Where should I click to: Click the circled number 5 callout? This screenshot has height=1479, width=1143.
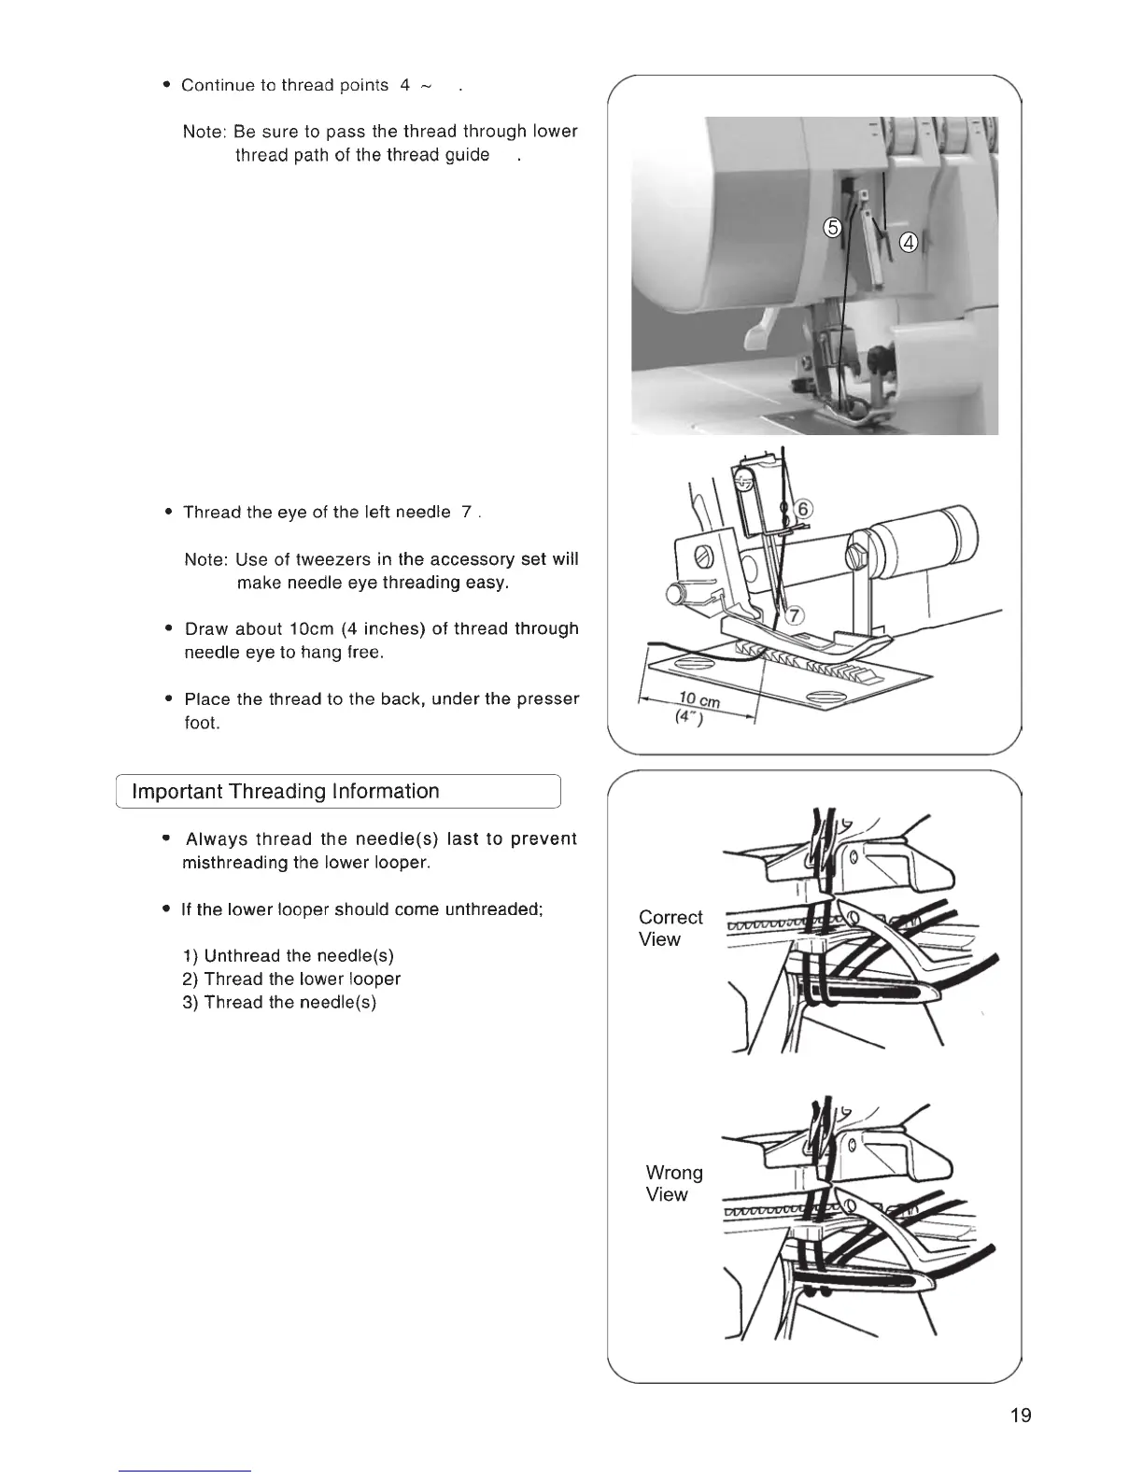tap(833, 228)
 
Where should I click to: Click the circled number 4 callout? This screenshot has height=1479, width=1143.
tap(908, 244)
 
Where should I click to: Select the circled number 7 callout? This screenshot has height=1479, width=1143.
tap(796, 615)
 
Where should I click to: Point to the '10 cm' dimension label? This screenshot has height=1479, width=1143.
tap(697, 699)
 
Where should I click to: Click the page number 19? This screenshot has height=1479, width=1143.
tap(1021, 1415)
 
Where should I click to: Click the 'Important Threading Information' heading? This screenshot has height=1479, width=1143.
tap(286, 792)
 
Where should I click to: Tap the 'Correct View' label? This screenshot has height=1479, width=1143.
tap(670, 928)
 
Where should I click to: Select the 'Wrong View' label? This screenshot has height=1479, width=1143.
tap(673, 1183)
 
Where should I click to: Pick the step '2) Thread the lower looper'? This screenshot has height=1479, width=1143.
tap(291, 979)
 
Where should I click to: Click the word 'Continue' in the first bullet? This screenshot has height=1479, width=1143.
tap(217, 86)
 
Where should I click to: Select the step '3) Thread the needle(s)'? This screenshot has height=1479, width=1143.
tap(279, 1003)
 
